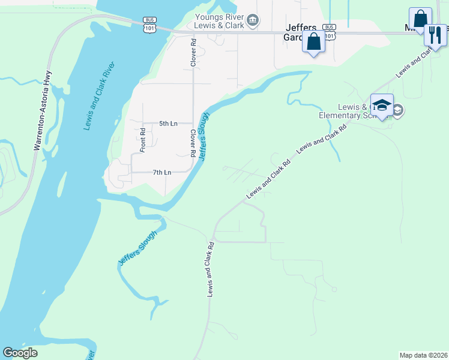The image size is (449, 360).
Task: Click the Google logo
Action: tap(20, 353)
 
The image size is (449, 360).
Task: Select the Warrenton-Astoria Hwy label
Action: tap(41, 111)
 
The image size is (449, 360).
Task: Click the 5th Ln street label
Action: tap(168, 124)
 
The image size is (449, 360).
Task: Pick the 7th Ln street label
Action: tap(162, 172)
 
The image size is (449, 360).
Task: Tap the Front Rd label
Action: tap(143, 140)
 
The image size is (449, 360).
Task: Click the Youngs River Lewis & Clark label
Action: tap(219, 22)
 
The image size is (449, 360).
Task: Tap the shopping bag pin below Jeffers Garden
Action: tap(313, 43)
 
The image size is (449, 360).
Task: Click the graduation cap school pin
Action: tap(382, 106)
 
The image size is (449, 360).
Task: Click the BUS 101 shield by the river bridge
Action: tap(149, 24)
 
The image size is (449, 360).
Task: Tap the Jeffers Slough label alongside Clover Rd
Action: tap(203, 136)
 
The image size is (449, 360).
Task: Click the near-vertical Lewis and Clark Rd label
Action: tap(211, 269)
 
